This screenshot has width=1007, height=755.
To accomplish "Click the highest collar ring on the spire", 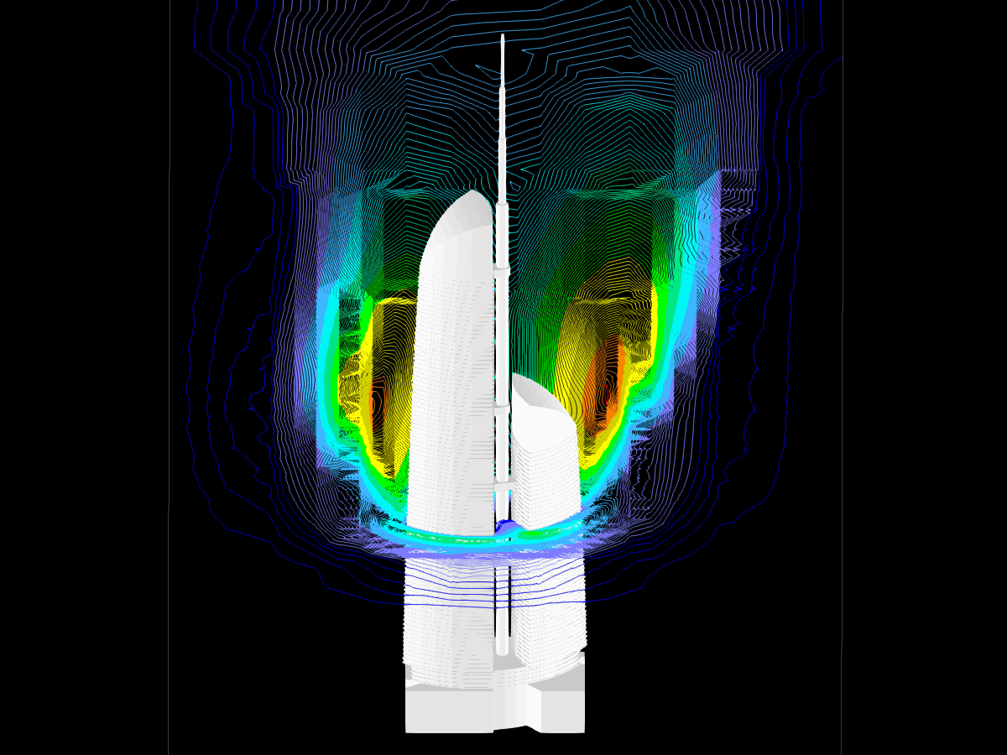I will pyautogui.click(x=502, y=270).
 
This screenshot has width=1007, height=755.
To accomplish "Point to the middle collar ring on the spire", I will pyautogui.click(x=502, y=406).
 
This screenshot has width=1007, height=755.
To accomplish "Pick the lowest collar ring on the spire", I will pyautogui.click(x=502, y=484).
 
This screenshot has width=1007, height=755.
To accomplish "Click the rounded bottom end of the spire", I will pyautogui.click(x=502, y=649).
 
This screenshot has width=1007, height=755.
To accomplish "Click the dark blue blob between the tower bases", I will pyautogui.click(x=506, y=527).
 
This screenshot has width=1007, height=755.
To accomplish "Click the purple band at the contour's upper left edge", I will pyautogui.click(x=327, y=210).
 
